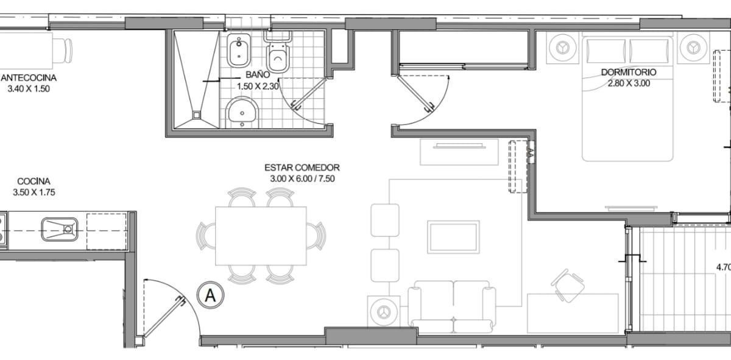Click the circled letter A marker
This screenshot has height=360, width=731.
click(211, 295)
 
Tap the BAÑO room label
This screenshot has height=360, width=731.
click(258, 75)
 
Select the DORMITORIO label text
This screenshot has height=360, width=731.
click(629, 72)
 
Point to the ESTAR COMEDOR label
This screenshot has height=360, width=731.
click(302, 168)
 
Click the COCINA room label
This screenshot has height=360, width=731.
click(34, 182)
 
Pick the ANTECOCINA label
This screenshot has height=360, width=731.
click(29, 78)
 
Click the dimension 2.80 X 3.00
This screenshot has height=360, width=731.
click(629, 83)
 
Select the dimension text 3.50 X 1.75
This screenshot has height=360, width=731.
click(34, 192)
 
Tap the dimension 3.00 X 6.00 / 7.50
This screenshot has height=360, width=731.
click(303, 179)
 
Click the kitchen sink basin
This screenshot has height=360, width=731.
click(60, 230)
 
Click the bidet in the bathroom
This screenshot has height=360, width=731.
click(239, 51)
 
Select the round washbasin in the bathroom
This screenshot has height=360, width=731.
click(242, 113)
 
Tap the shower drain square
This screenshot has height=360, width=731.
click(196, 115)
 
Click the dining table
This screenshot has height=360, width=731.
click(261, 236)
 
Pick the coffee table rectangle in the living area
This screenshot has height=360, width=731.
click(453, 237)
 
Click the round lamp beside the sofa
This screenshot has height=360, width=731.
click(384, 312)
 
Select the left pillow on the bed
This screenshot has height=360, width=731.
click(606, 51)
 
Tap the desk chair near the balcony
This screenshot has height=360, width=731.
click(568, 286)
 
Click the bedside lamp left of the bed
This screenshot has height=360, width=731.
click(562, 48)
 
